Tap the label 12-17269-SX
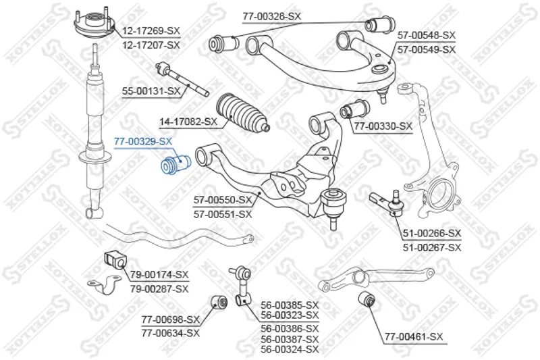(151, 31)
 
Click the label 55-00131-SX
(151, 91)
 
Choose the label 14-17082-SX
(188, 122)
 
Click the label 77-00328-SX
(271, 16)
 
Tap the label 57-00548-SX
(427, 35)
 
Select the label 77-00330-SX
(383, 126)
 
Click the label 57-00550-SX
(223, 201)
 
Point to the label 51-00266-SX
(432, 234)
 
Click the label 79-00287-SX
(159, 288)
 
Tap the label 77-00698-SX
(171, 319)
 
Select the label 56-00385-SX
(290, 305)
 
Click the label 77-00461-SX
(413, 336)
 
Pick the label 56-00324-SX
(290, 349)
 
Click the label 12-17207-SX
(151, 45)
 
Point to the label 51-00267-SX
(432, 247)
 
